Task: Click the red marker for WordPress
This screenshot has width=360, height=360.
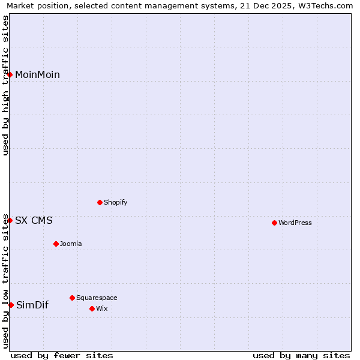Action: click(274, 223)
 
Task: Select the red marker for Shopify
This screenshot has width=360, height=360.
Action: click(100, 202)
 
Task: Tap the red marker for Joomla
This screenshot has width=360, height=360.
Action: click(56, 244)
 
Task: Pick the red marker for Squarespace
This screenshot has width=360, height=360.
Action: click(72, 298)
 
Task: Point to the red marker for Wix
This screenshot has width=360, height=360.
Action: click(92, 308)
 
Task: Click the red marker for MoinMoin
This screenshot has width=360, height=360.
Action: click(10, 74)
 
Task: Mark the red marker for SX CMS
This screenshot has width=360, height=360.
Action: click(10, 220)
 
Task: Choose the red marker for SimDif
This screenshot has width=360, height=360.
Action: click(11, 305)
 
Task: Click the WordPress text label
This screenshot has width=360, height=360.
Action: click(295, 223)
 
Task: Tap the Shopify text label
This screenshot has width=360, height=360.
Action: click(115, 202)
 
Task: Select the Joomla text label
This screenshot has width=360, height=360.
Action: click(71, 244)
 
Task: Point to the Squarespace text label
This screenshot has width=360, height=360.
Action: click(97, 298)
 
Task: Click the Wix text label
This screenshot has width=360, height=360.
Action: click(101, 308)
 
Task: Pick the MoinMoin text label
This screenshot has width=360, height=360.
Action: click(37, 74)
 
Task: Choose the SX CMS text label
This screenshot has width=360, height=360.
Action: click(34, 220)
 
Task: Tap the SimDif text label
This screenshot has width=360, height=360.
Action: click(32, 305)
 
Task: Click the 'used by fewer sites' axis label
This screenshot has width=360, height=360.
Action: click(62, 355)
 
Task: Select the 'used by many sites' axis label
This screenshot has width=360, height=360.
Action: click(301, 355)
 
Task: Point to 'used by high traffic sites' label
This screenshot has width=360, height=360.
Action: click(5, 85)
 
